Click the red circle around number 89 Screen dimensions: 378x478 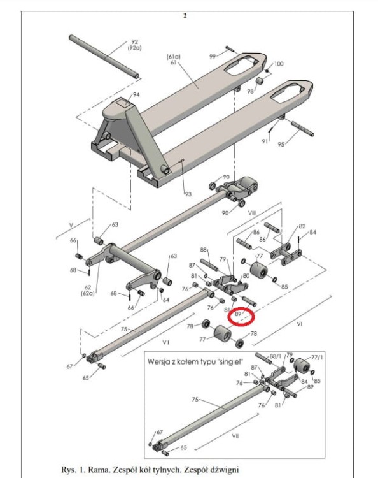coord(230,317)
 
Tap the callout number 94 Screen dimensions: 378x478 coord(136,95)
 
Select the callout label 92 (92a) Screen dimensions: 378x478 coord(134,45)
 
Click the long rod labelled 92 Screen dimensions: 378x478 coord(104,57)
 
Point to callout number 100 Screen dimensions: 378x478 coord(279,64)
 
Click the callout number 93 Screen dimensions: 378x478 coord(188,194)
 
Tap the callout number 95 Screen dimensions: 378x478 coord(281,144)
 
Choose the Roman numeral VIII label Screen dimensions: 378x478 coord(252,213)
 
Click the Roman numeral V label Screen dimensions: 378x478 coord(71,225)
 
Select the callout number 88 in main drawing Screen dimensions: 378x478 coord(203,250)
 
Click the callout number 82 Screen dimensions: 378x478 coord(302,226)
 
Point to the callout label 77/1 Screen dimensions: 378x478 coord(317,358)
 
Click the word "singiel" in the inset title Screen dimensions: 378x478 coord(231,362)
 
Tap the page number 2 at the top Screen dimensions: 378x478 coord(185,15)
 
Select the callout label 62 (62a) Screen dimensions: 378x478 coord(88,290)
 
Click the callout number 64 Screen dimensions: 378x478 coord(165,300)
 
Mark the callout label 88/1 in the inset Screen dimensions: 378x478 coord(276,356)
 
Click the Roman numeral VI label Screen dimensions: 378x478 coord(300,324)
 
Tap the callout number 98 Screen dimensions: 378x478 coord(250,91)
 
